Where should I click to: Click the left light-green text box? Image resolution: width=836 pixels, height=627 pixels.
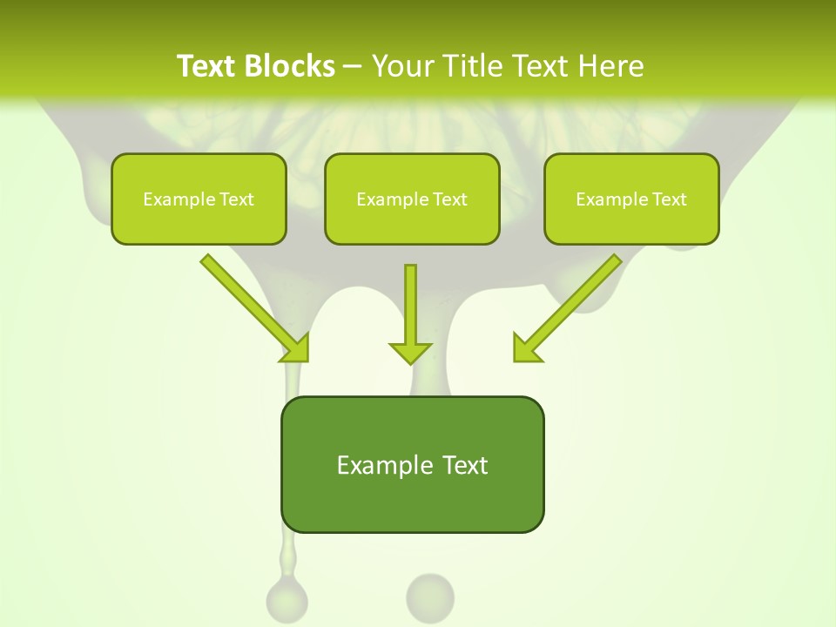click(199, 199)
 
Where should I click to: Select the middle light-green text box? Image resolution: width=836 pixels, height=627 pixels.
click(412, 199)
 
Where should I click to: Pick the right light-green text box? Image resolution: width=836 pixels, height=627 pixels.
click(631, 199)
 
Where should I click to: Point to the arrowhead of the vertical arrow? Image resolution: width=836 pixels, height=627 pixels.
click(410, 352)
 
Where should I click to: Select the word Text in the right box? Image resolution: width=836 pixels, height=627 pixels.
click(669, 199)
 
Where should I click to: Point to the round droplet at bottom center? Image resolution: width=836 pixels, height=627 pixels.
click(430, 597)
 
